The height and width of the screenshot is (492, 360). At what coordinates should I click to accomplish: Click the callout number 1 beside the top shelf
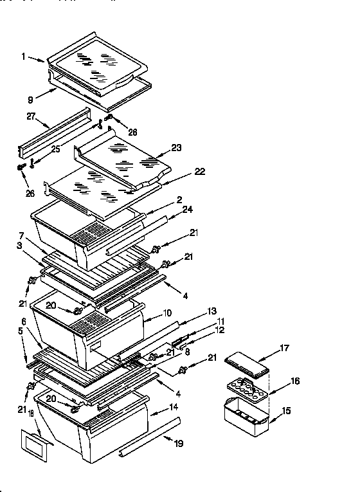point(23,57)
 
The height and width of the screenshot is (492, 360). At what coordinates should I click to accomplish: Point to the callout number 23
point(176,147)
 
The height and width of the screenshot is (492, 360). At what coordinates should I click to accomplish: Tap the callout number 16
point(294,381)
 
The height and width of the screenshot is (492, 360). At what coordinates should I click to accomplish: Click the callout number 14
point(174,408)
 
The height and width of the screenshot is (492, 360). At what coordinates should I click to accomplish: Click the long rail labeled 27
point(55,134)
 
